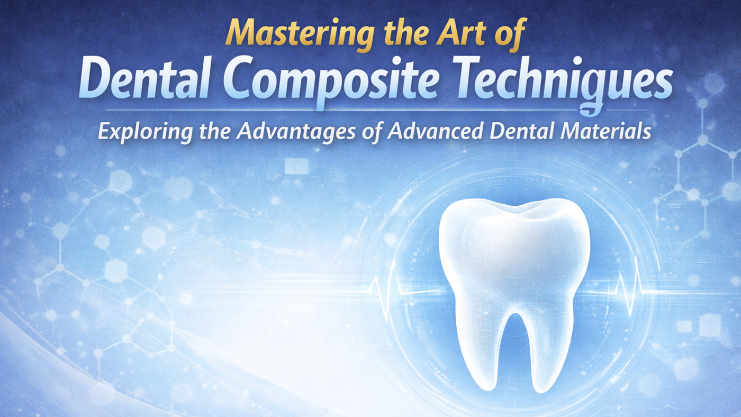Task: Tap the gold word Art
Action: (x=461, y=32)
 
